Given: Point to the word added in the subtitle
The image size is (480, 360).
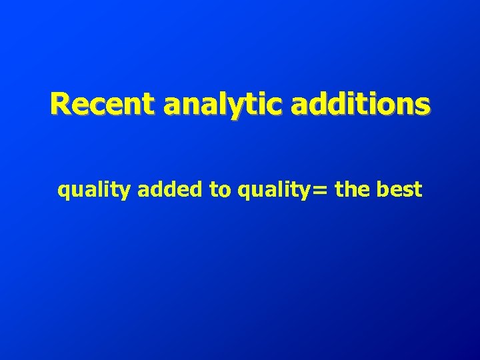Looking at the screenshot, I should (171, 190).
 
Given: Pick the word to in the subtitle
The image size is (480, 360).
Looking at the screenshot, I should (219, 190).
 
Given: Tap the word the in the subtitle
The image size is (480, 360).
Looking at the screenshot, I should (352, 190).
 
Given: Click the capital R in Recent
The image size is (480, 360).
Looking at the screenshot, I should (61, 104).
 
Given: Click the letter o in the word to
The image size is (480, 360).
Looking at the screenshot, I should (223, 191).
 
